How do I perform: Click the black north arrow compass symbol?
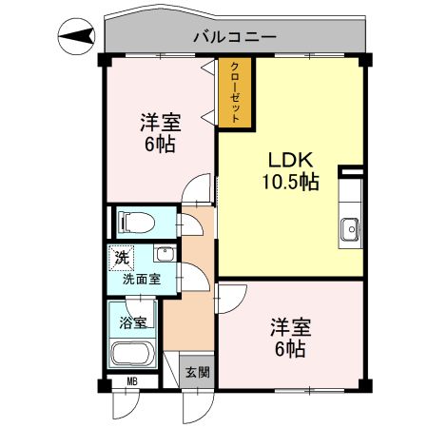[77, 37]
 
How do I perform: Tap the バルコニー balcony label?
[235, 38]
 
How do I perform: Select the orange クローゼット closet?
[235, 94]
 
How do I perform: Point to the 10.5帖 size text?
[290, 181]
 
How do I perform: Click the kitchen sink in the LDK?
[350, 228]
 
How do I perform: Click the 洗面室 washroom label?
[141, 281]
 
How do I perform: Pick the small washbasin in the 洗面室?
[165, 254]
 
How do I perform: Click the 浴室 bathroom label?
[132, 321]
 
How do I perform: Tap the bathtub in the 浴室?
[132, 355]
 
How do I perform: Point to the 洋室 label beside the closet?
[162, 122]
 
